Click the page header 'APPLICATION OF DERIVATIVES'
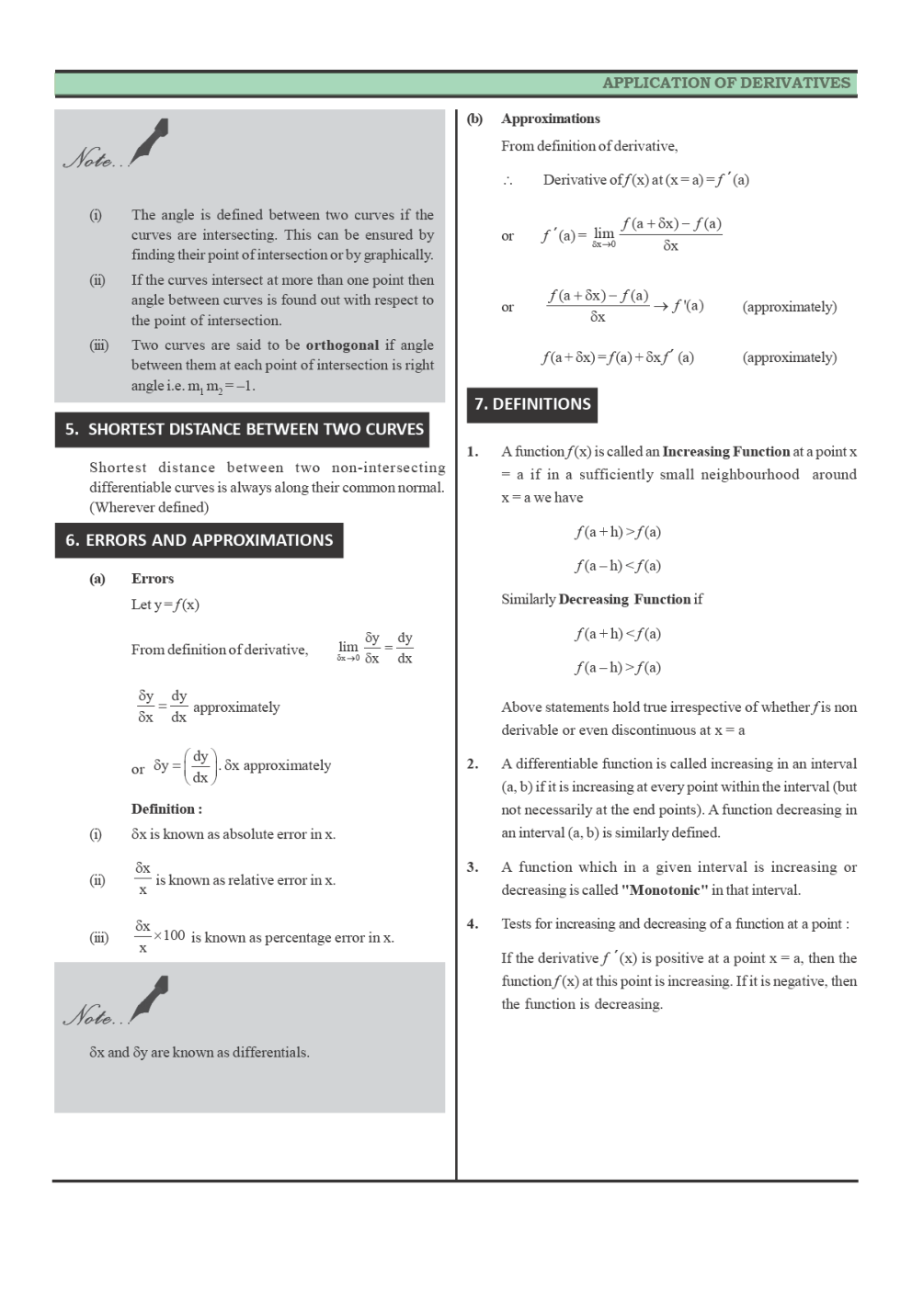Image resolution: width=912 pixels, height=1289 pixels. (x=725, y=83)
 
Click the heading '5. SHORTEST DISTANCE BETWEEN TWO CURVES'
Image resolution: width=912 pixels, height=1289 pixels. (x=244, y=429)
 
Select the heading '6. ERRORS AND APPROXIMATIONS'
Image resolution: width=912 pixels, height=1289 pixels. (x=199, y=540)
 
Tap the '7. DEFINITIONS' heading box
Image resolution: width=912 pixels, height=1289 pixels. (x=532, y=404)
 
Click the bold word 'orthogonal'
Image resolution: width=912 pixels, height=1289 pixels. (x=342, y=345)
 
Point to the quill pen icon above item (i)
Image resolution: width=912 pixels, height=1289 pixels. (x=151, y=140)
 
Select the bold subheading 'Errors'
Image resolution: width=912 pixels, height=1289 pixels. (x=153, y=579)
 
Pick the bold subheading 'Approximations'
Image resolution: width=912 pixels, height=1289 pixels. (x=551, y=119)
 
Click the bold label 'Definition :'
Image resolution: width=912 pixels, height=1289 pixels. (x=166, y=809)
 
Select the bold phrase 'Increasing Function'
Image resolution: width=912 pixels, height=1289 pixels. (x=725, y=452)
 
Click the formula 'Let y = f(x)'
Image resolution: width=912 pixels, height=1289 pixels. (x=165, y=605)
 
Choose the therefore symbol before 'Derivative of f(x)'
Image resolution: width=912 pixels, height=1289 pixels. (x=507, y=181)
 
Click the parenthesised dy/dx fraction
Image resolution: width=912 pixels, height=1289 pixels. (x=200, y=766)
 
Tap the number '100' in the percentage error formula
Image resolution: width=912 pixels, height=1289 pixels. (x=175, y=935)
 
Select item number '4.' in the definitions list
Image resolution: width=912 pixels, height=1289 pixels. (x=473, y=924)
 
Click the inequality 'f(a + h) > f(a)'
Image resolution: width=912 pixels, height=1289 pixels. (x=618, y=532)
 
